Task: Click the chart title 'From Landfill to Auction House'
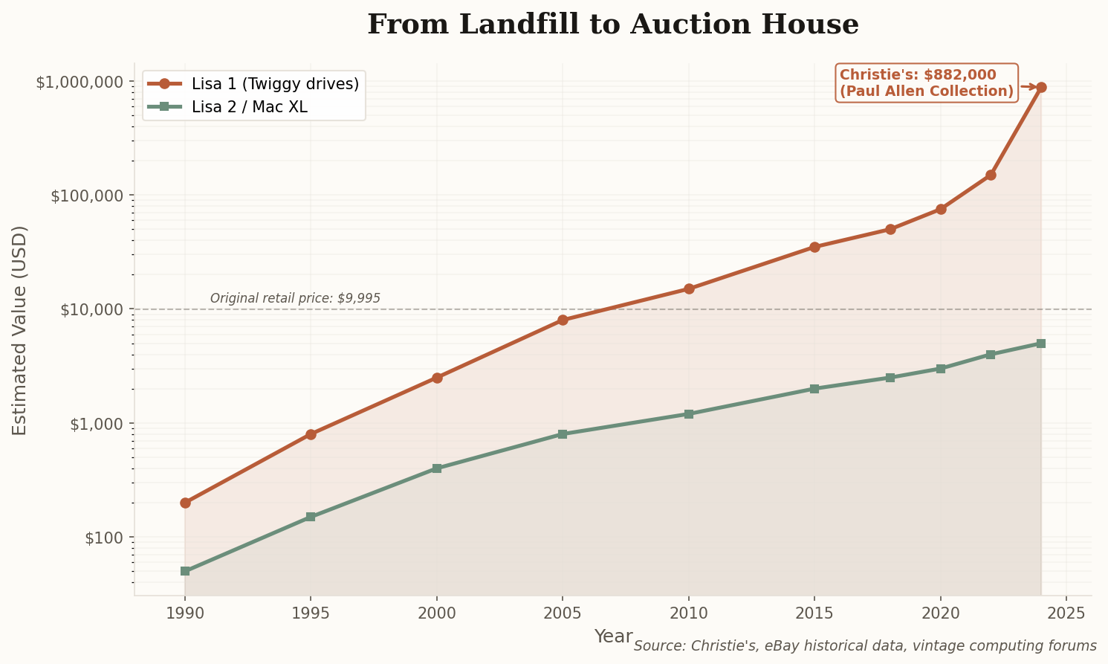pyautogui.click(x=612, y=25)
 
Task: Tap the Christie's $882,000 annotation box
pyautogui.click(x=926, y=83)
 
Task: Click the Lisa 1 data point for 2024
pyautogui.click(x=1041, y=87)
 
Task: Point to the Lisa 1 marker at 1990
pyautogui.click(x=185, y=503)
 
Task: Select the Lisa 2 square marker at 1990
pyautogui.click(x=185, y=571)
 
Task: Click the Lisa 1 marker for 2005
pyautogui.click(x=563, y=320)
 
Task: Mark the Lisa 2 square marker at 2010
pyautogui.click(x=689, y=413)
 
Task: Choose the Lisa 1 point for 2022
pyautogui.click(x=991, y=175)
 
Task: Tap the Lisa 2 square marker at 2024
pyautogui.click(x=1041, y=344)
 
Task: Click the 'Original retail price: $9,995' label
pyautogui.click(x=295, y=298)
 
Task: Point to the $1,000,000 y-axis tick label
pyautogui.click(x=80, y=82)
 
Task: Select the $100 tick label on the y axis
pyautogui.click(x=103, y=538)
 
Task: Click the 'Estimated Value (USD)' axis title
pyautogui.click(x=20, y=330)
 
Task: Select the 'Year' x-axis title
pyautogui.click(x=613, y=636)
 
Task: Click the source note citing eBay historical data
pyautogui.click(x=865, y=646)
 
